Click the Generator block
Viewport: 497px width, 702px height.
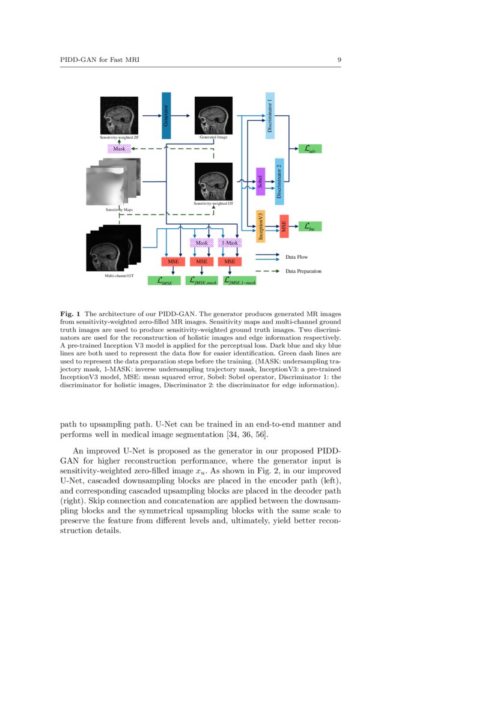click(x=166, y=116)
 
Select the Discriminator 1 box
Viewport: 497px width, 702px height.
click(x=270, y=116)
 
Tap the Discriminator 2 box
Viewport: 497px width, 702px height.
click(x=279, y=181)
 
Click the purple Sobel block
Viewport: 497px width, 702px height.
click(x=260, y=181)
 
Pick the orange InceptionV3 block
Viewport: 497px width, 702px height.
click(x=261, y=226)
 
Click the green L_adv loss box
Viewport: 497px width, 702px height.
click(x=310, y=148)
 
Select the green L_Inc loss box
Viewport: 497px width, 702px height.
click(x=310, y=226)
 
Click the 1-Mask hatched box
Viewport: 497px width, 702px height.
click(x=229, y=243)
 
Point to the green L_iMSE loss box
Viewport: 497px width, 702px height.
click(x=164, y=280)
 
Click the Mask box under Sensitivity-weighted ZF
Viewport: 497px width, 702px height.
click(x=119, y=148)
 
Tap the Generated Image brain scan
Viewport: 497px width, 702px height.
click(x=213, y=115)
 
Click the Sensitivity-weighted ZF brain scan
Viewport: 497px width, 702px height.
click(x=119, y=115)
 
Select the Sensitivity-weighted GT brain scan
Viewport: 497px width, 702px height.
click(x=213, y=181)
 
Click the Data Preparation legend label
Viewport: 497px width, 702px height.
click(x=303, y=271)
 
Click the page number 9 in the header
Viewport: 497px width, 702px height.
click(x=340, y=60)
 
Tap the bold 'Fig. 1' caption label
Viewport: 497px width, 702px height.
click(x=72, y=313)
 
